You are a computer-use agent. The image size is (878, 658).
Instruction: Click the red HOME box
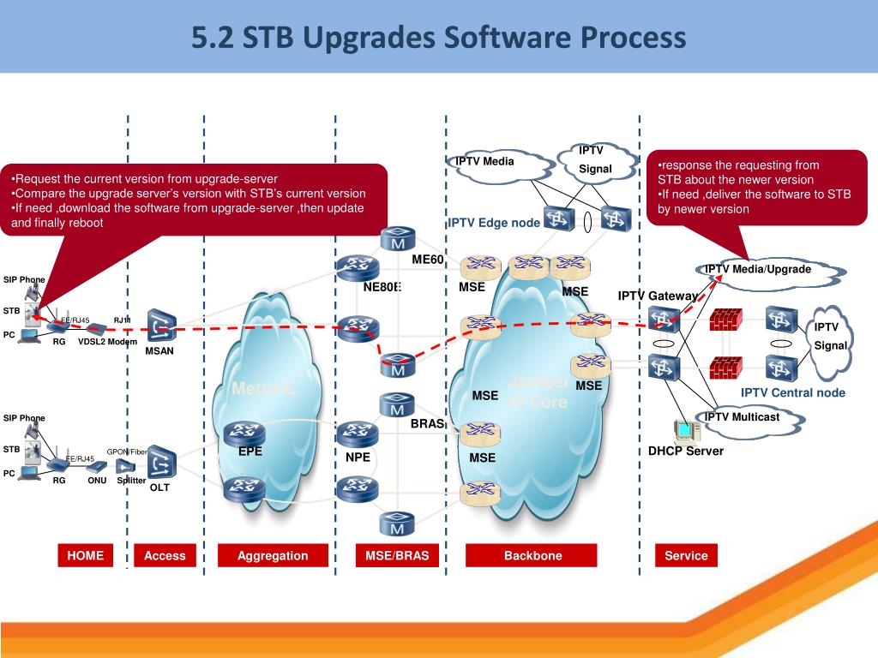[x=85, y=555]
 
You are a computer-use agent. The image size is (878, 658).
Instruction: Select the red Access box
[x=165, y=555]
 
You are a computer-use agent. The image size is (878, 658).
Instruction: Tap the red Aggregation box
[x=273, y=555]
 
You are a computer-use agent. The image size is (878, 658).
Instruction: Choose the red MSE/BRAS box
[x=397, y=555]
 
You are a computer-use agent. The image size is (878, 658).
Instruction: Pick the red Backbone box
[x=532, y=555]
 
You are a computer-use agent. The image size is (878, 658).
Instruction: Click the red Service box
[x=686, y=555]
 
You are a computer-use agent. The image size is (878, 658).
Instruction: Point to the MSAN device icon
[x=161, y=326]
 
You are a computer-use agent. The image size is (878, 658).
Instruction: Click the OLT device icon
[x=160, y=464]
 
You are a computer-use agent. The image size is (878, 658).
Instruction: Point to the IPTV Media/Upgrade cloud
[x=757, y=270]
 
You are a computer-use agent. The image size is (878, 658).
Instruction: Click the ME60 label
[x=427, y=260]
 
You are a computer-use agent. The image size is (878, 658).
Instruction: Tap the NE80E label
[x=382, y=287]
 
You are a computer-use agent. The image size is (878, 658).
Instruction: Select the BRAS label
[x=425, y=422]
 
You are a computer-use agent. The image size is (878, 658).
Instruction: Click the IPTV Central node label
[x=792, y=393]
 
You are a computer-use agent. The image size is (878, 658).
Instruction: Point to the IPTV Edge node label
[x=494, y=223]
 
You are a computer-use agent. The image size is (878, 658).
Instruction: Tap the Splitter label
[x=131, y=481]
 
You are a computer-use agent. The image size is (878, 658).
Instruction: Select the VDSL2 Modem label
[x=107, y=342]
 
